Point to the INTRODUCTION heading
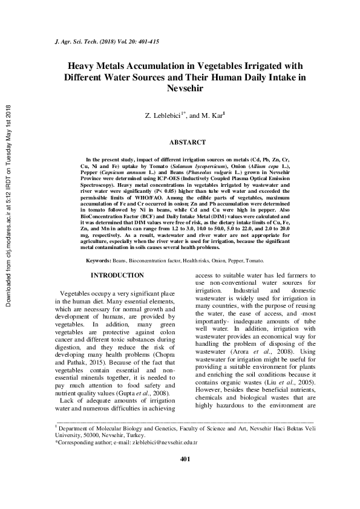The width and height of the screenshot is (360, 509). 117,276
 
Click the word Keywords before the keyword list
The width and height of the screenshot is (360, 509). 97,260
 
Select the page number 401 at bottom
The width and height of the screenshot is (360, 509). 185,476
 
